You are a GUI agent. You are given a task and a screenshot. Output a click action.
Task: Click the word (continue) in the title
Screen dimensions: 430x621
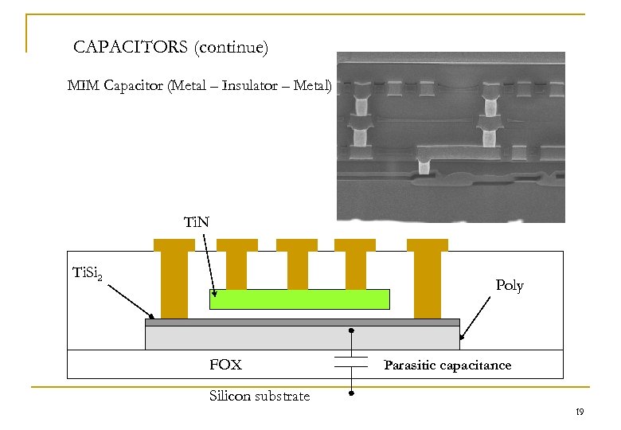(x=230, y=48)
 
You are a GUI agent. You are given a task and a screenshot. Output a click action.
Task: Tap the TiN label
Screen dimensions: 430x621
(x=196, y=222)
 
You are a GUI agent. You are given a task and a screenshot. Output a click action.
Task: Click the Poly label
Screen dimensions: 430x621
(x=510, y=285)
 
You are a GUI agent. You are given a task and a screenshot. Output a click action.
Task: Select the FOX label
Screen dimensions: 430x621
(x=225, y=365)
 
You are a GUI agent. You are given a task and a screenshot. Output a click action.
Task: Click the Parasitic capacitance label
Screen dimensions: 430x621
(x=447, y=365)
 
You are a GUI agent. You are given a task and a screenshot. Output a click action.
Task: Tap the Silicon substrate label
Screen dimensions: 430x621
(x=260, y=396)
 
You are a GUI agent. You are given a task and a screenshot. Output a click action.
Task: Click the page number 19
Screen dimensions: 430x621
(x=580, y=412)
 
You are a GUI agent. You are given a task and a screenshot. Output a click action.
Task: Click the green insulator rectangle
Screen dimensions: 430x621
(x=299, y=299)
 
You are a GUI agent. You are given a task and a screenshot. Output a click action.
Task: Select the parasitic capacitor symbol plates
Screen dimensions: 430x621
(x=351, y=362)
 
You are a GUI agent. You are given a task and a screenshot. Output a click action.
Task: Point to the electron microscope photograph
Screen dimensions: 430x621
(x=451, y=136)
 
